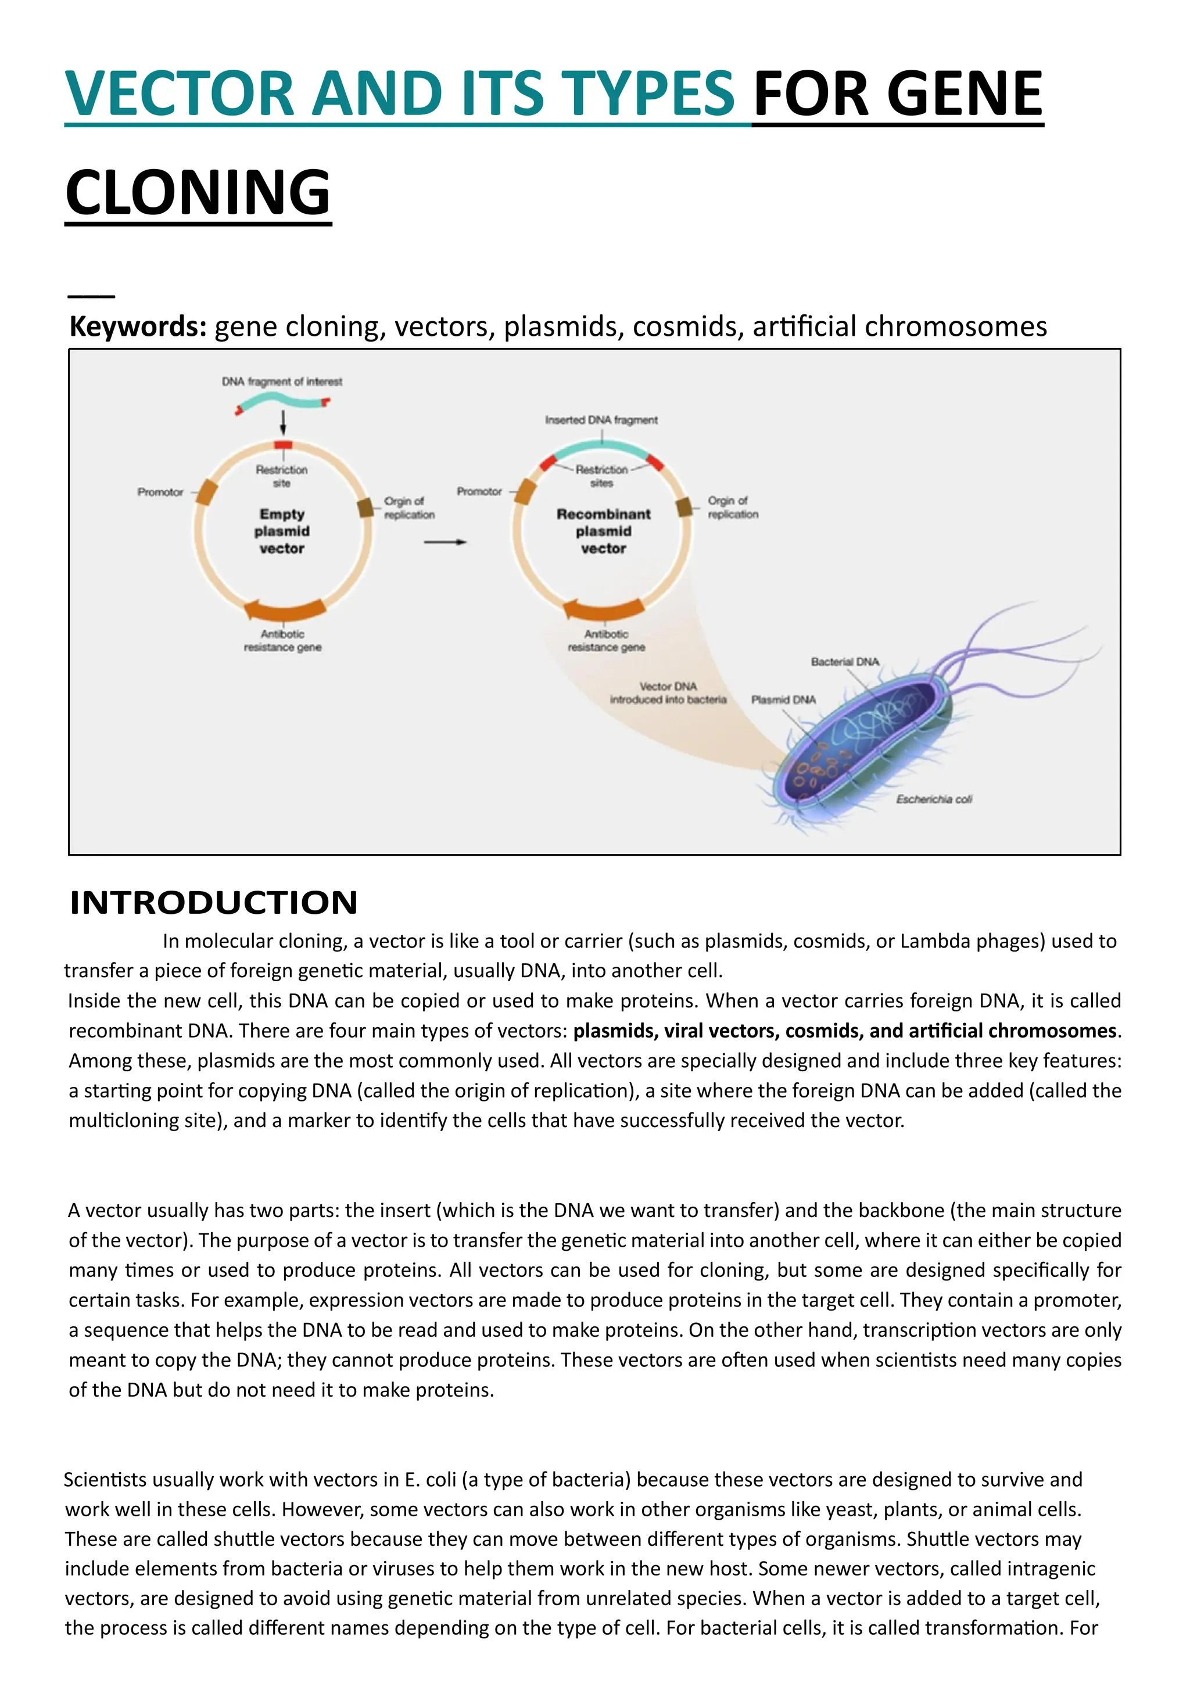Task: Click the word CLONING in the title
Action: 198,192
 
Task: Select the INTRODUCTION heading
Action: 213,902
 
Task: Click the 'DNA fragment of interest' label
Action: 282,382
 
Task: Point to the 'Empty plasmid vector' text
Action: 282,532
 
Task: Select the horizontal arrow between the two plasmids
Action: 445,543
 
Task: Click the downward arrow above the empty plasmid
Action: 283,423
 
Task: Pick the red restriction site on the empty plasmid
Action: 283,445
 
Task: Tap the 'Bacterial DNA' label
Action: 845,662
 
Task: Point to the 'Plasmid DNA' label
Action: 783,700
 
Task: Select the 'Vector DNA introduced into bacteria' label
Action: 668,692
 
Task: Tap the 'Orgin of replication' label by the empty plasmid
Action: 409,508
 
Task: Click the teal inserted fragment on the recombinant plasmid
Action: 602,448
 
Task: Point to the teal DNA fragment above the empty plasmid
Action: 283,401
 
